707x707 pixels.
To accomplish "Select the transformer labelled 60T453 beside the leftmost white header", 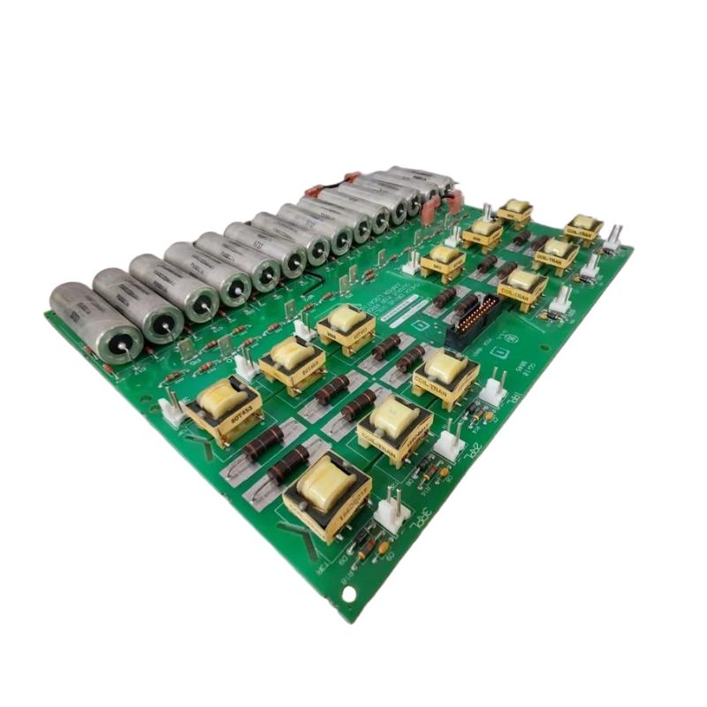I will click(x=222, y=409).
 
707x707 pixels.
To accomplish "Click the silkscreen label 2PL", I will click(x=478, y=446).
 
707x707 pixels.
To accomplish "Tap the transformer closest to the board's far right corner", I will click(x=582, y=228).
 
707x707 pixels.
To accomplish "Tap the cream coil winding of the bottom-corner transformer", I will click(x=326, y=482).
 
